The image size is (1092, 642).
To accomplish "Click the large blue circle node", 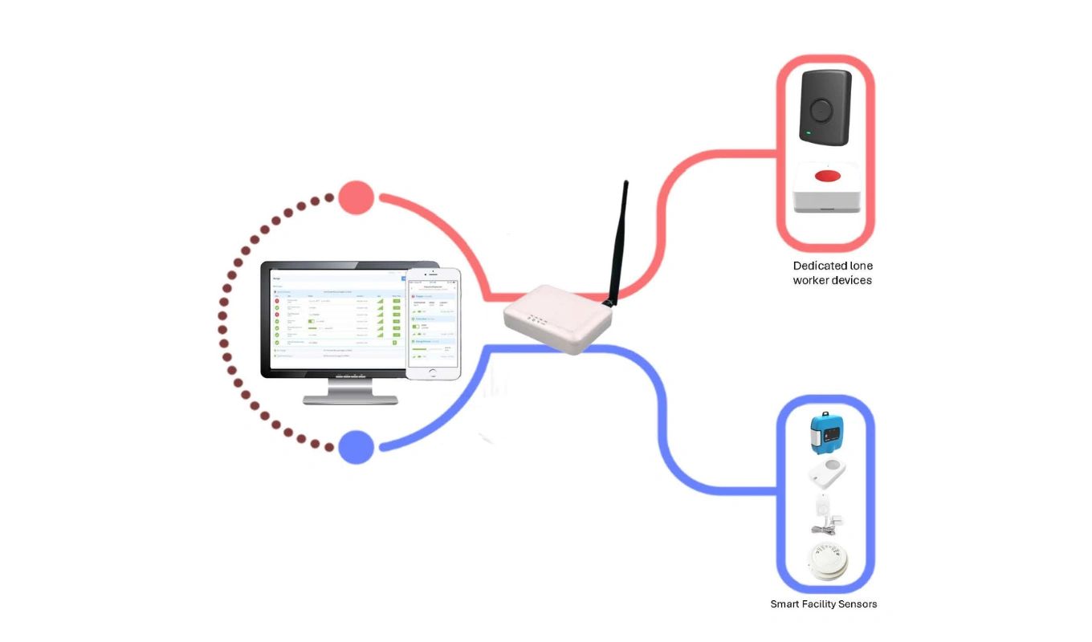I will click(x=357, y=447).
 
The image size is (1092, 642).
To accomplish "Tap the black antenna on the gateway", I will click(x=617, y=241).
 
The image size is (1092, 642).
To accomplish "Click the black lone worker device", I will click(x=825, y=108).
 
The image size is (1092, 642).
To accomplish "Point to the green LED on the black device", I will click(x=809, y=132).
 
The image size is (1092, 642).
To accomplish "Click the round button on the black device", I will click(x=821, y=108).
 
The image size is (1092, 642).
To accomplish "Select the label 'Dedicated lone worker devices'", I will click(x=832, y=273).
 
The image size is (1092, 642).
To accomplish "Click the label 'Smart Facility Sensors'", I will click(x=823, y=603).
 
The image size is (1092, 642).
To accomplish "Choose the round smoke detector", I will click(x=825, y=561).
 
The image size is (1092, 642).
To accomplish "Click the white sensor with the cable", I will click(x=825, y=514).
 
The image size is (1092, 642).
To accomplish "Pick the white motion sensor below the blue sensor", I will click(x=827, y=473).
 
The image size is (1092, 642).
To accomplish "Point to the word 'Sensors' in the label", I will click(x=855, y=603).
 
